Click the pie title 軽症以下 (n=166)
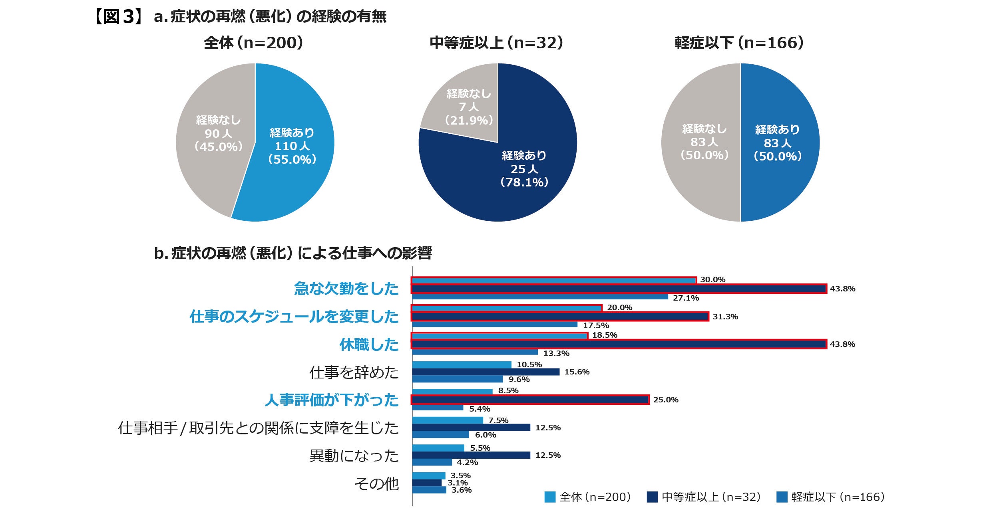(739, 43)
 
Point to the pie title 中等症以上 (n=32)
(497, 43)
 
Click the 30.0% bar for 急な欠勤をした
(554, 280)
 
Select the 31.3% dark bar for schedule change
(560, 317)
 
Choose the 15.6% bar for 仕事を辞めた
(486, 372)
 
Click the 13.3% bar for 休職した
(475, 352)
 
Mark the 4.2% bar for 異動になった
(432, 462)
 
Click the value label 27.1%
(686, 298)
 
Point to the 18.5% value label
(605, 335)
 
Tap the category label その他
(376, 483)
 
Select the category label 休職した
(369, 345)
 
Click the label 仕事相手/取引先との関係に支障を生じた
(258, 428)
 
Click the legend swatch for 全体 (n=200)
(550, 497)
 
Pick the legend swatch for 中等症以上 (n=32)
(652, 497)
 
